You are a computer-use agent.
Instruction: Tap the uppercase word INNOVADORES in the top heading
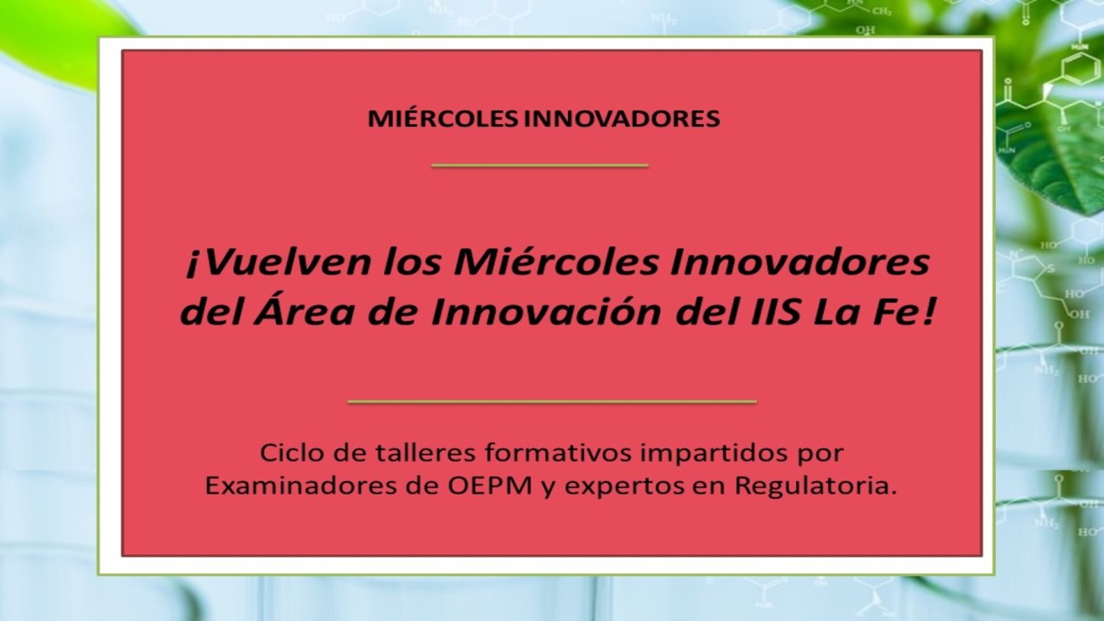pos(622,119)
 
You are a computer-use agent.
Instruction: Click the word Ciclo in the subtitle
pos(287,453)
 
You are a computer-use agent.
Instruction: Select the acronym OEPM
pos(490,487)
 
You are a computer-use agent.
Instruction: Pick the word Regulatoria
pos(815,488)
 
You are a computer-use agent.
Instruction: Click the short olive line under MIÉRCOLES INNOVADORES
pos(540,166)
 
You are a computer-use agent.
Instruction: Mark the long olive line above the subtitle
pos(552,402)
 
